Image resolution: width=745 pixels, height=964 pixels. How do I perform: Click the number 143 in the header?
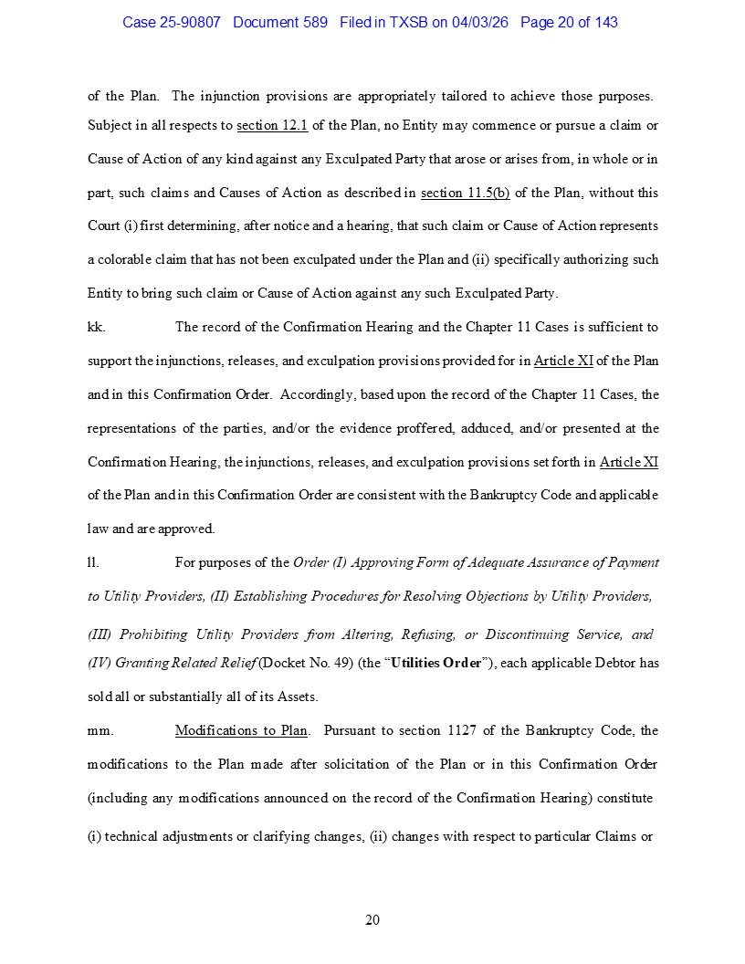(x=605, y=22)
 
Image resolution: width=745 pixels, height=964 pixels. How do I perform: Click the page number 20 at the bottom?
(x=372, y=920)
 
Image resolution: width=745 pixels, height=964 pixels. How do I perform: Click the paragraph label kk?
(x=96, y=327)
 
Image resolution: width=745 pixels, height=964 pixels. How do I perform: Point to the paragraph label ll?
(x=93, y=562)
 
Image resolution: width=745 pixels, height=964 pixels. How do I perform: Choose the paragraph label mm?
(x=100, y=730)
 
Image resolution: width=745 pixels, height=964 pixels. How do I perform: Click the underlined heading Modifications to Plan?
(x=241, y=730)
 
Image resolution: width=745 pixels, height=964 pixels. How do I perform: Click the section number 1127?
(x=466, y=730)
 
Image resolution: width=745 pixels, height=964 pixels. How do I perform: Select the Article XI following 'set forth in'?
(x=628, y=462)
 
